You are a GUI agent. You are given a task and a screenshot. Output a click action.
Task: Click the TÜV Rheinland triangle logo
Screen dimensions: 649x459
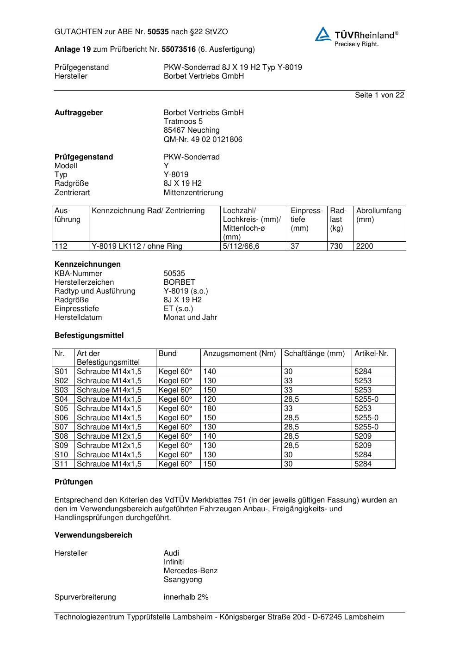(x=323, y=34)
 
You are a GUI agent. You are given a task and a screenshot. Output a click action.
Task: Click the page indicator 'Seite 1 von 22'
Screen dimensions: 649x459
(x=379, y=95)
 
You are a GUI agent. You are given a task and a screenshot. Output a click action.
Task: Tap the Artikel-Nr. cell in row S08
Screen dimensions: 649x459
(x=363, y=436)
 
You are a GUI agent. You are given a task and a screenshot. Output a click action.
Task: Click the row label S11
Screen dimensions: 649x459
(x=61, y=464)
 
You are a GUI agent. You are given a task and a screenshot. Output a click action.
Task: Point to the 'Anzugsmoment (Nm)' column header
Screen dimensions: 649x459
(x=239, y=354)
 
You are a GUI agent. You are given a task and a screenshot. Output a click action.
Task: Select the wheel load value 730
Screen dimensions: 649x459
(x=336, y=246)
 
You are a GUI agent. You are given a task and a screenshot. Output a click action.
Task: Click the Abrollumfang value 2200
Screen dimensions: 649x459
(x=365, y=246)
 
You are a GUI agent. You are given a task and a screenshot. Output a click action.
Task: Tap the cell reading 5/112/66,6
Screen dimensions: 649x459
(x=241, y=246)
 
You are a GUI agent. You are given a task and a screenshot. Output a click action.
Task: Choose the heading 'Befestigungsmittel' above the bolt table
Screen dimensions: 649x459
(x=89, y=336)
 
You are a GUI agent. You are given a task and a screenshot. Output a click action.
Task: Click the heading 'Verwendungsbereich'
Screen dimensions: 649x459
(x=93, y=535)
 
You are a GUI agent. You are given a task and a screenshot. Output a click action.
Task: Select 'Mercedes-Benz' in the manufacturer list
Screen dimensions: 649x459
(x=191, y=571)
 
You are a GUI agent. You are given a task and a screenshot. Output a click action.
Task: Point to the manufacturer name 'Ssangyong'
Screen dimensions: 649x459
(x=183, y=580)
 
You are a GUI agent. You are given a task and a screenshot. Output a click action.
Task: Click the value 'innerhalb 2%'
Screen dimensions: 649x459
(x=186, y=597)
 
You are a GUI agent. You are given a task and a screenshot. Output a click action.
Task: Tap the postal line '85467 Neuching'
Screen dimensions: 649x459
(x=192, y=130)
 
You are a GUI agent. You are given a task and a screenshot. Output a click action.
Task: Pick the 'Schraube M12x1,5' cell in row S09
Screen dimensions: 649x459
(x=109, y=446)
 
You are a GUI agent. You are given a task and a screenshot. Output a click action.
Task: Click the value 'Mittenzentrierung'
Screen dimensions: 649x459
(x=193, y=193)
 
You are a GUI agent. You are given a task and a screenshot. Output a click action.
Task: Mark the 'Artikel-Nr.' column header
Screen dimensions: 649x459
(x=372, y=354)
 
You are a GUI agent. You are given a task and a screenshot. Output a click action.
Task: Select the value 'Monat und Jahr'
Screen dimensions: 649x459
(x=190, y=318)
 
